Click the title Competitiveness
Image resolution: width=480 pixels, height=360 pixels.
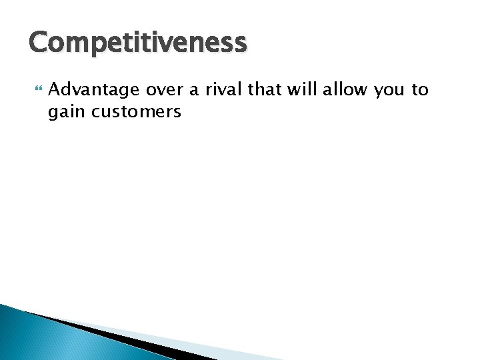pyautogui.click(x=137, y=43)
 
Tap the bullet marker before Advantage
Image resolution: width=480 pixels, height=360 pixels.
pyautogui.click(x=36, y=90)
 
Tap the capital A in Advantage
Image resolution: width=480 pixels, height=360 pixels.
pyautogui.click(x=55, y=89)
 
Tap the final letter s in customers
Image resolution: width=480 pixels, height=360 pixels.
pyautogui.click(x=177, y=113)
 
